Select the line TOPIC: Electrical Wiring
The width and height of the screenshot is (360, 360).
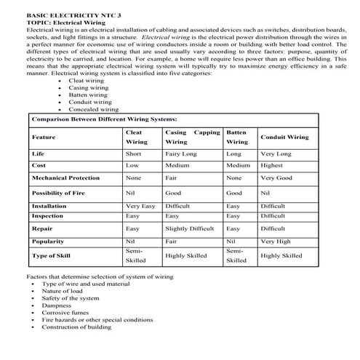click(66, 23)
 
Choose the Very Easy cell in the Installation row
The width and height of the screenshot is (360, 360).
click(140, 207)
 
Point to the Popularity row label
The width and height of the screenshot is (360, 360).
click(48, 241)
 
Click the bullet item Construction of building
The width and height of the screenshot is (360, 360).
click(76, 327)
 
